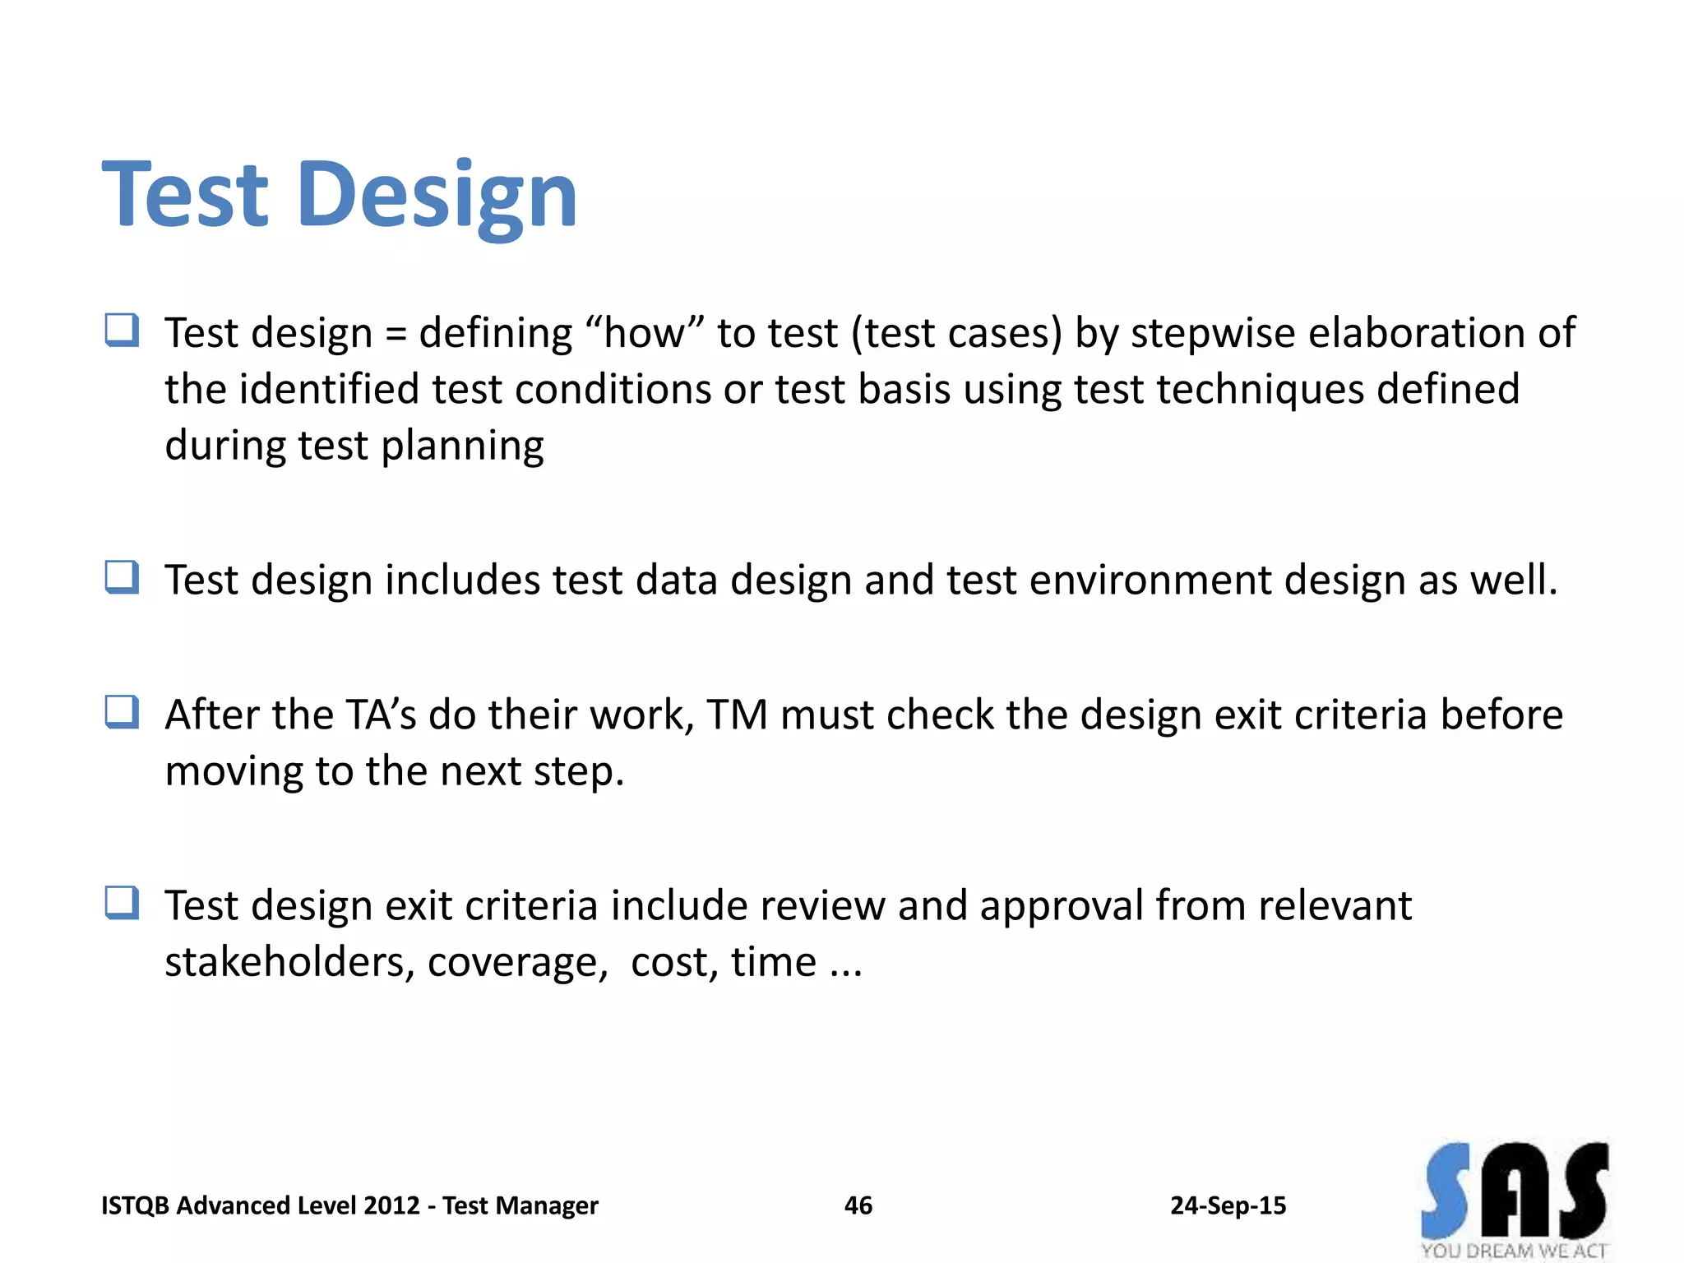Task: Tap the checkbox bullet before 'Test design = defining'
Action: [x=122, y=331]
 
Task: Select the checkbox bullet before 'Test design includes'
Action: [x=122, y=577]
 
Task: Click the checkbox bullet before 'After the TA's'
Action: [x=122, y=712]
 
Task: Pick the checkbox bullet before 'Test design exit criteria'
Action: [x=122, y=903]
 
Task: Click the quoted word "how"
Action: [x=645, y=333]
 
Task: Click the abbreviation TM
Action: [x=737, y=715]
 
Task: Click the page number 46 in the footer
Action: [x=858, y=1205]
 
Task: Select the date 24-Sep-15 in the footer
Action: [x=1228, y=1205]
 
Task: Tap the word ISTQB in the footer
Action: [x=135, y=1205]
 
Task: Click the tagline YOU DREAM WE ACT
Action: [x=1514, y=1251]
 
